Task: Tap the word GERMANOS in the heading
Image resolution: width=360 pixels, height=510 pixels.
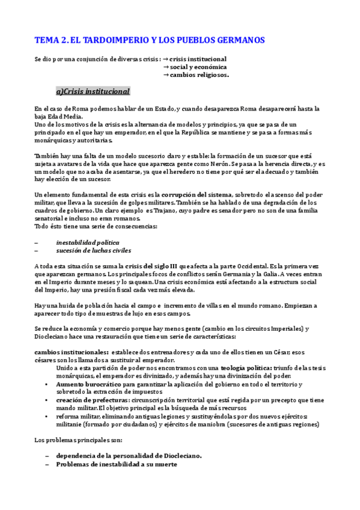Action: pyautogui.click(x=237, y=40)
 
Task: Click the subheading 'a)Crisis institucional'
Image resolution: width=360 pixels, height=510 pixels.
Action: pyautogui.click(x=93, y=91)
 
